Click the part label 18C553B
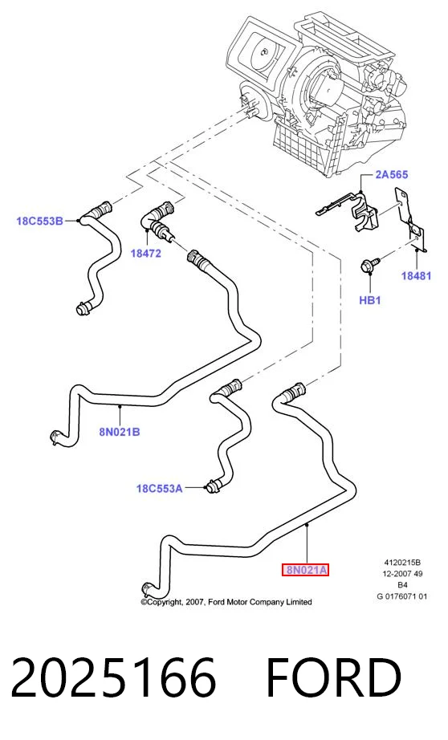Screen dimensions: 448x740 click(x=39, y=221)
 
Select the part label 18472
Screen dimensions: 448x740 click(x=146, y=254)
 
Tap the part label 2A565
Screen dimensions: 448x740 click(x=391, y=175)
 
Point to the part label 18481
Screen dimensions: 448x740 click(x=416, y=275)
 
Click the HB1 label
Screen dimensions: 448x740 click(x=369, y=300)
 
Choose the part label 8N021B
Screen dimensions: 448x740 click(x=120, y=432)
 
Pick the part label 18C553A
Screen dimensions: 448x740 click(x=159, y=489)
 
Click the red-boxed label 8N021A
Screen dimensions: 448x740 click(x=305, y=570)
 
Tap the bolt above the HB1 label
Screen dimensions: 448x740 click(x=370, y=264)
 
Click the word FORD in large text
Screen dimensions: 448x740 click(x=334, y=677)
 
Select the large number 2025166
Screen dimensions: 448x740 click(x=113, y=677)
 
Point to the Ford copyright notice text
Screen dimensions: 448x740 click(x=226, y=602)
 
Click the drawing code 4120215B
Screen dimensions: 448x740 click(x=402, y=563)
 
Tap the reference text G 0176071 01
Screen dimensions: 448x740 click(x=401, y=596)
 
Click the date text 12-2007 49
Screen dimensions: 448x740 click(x=402, y=574)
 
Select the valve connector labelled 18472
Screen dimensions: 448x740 click(x=158, y=219)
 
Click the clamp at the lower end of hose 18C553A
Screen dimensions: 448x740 click(x=211, y=486)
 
